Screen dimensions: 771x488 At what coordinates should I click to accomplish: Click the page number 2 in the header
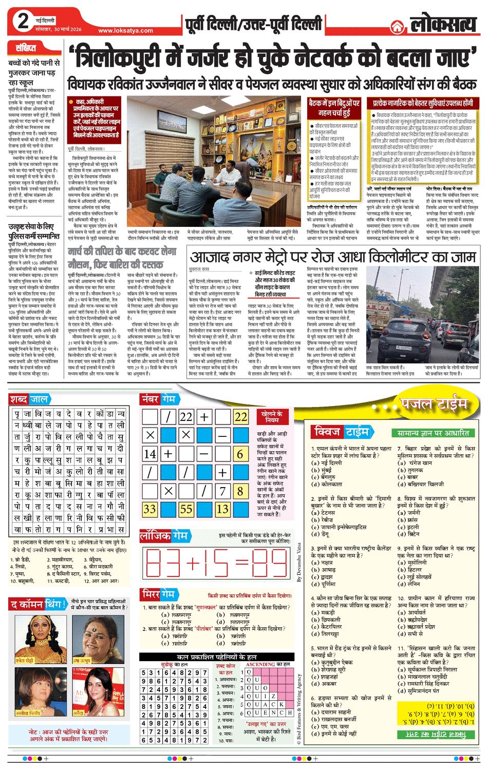point(24,22)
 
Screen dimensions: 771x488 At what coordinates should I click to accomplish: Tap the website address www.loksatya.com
point(125,30)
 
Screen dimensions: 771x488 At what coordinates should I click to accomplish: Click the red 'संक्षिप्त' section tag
point(26,49)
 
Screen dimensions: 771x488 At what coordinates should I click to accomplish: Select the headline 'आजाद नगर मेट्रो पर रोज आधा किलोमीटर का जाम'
point(332,257)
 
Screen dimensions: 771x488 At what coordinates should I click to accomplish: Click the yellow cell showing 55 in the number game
point(186,509)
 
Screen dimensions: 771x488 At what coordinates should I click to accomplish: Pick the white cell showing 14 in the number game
point(150,454)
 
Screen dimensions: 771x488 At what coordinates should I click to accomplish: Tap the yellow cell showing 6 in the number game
point(240,454)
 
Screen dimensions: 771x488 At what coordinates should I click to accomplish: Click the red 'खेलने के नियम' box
point(272,417)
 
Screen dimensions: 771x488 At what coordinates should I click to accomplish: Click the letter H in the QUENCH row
point(290,712)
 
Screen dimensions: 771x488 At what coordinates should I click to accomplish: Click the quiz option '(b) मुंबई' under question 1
point(322,470)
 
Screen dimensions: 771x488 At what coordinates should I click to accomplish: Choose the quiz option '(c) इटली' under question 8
point(409,527)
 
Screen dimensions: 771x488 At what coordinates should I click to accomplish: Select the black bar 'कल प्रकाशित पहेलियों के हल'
point(216,657)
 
